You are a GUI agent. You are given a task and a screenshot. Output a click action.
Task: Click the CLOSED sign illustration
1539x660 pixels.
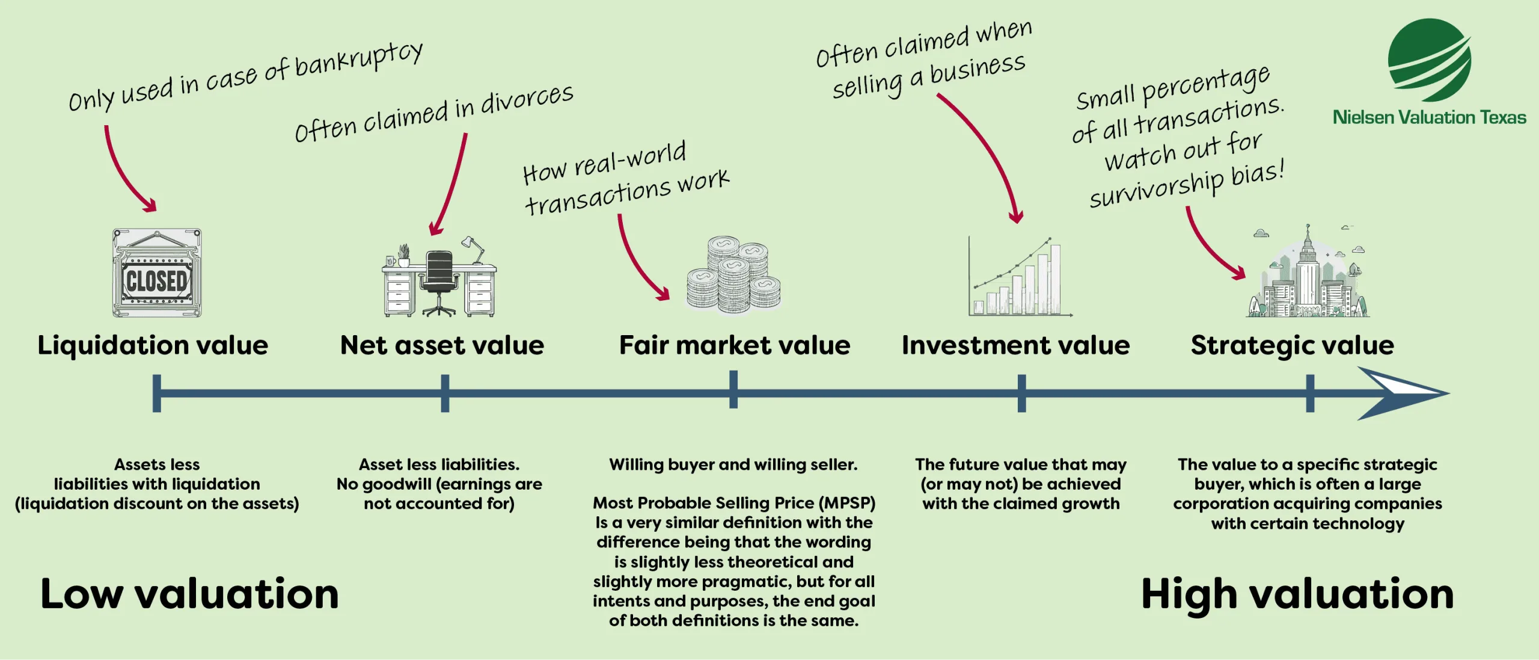157,274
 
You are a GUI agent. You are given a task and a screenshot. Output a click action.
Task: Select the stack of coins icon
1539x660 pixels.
734,275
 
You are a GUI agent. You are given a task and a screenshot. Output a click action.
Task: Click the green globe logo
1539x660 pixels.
1429,60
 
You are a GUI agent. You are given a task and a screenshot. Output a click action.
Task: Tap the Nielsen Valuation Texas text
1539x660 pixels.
1429,117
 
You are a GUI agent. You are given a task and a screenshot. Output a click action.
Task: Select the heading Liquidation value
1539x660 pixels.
153,345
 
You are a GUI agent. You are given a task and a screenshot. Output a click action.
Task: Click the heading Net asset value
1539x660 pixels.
442,345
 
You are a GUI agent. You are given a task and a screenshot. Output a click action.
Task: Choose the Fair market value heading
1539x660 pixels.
735,345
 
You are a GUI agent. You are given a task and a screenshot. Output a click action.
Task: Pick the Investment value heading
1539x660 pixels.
1015,345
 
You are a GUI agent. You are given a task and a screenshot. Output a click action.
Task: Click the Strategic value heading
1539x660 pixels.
1292,345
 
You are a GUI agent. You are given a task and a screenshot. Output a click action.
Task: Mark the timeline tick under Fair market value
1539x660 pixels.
733,390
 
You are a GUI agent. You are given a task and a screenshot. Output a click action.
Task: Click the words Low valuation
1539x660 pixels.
189,594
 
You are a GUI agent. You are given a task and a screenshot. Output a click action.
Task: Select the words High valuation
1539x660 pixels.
1297,594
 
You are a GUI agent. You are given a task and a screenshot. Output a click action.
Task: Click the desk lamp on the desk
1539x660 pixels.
474,248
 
